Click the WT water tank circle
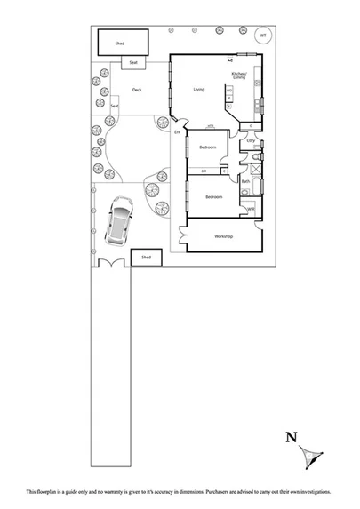pos(262,36)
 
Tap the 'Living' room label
pos(199,89)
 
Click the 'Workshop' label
pos(222,236)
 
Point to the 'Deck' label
pos(137,90)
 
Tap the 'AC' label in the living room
pos(229,60)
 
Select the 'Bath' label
pos(244,181)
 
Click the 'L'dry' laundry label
pos(251,140)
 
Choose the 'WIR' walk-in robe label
pos(251,209)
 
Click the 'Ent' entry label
pos(178,132)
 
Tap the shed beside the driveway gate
pos(147,258)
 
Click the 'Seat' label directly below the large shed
pos(133,63)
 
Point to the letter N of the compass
pos(291,436)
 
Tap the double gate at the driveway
pos(112,265)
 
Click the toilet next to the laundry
pos(255,158)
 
